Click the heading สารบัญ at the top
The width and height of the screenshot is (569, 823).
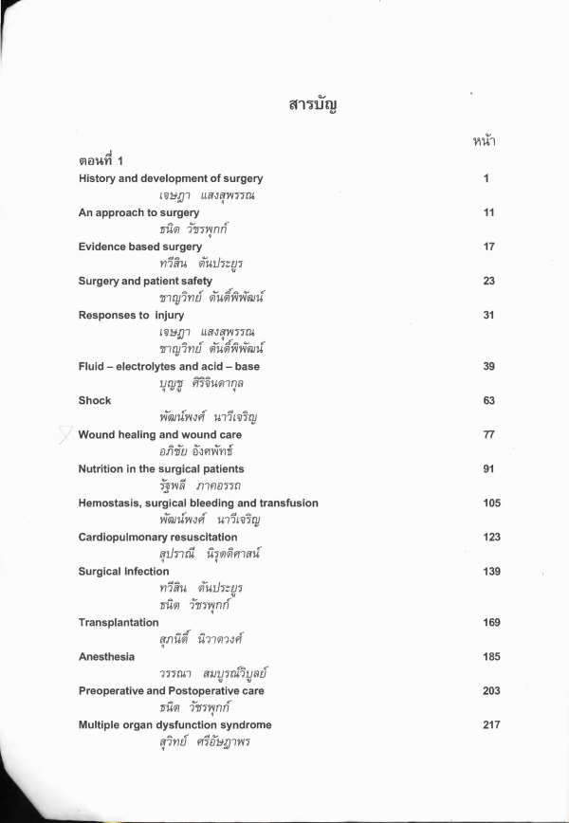313,104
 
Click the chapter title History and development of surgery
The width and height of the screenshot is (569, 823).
171,178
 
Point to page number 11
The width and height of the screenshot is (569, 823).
488,212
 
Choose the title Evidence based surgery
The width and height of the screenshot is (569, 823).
140,247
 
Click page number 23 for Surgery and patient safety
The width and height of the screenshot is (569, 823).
488,281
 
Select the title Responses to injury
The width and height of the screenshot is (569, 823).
131,315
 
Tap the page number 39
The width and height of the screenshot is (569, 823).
488,366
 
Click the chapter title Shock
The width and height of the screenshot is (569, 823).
95,400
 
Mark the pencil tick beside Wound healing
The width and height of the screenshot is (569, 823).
64,434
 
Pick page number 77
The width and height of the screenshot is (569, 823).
488,434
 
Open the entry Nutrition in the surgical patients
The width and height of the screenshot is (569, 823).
161,468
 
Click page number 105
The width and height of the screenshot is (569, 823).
490,503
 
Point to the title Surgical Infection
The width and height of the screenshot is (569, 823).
123,572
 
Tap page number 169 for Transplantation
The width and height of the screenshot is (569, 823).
490,622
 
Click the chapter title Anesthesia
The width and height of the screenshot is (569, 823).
106,656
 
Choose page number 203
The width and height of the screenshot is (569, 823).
490,690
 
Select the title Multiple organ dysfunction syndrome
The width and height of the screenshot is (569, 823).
175,724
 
